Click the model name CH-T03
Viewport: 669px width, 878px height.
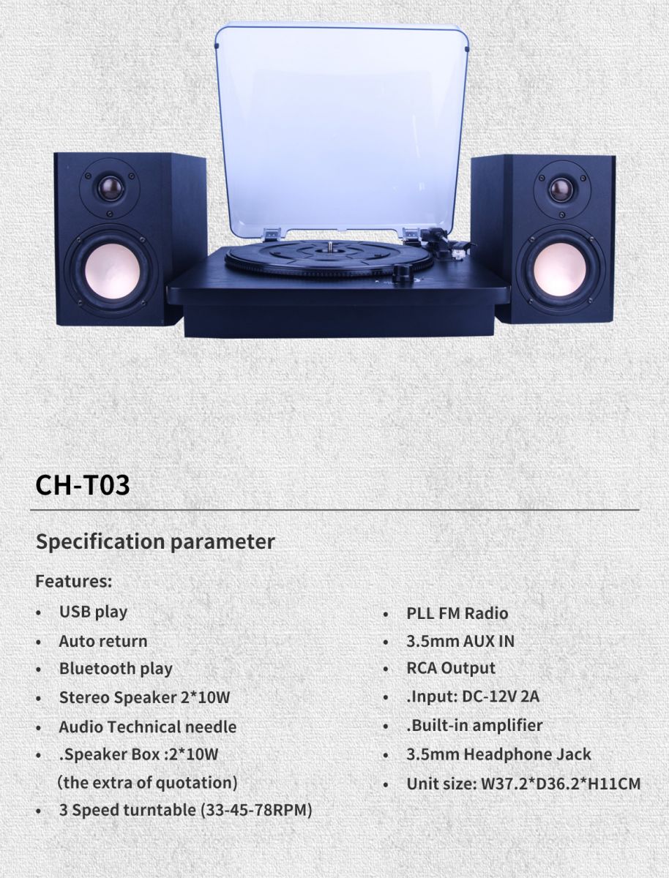pos(83,485)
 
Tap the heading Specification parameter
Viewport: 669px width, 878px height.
pos(155,542)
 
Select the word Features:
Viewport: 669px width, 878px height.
pos(74,581)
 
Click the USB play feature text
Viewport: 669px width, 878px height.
pos(93,612)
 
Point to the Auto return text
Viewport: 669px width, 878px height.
pos(103,642)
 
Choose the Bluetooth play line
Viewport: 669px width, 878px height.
pos(116,669)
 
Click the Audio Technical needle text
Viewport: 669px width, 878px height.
pos(148,727)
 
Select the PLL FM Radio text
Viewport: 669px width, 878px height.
pos(457,614)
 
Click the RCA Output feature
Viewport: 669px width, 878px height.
pos(451,669)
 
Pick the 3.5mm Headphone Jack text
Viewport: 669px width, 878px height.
pos(498,754)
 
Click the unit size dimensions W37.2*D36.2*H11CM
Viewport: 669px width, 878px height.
pos(561,784)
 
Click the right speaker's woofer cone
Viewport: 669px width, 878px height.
pos(559,271)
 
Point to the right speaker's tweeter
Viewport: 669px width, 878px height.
pos(561,189)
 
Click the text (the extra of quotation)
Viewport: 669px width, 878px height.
pos(148,783)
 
